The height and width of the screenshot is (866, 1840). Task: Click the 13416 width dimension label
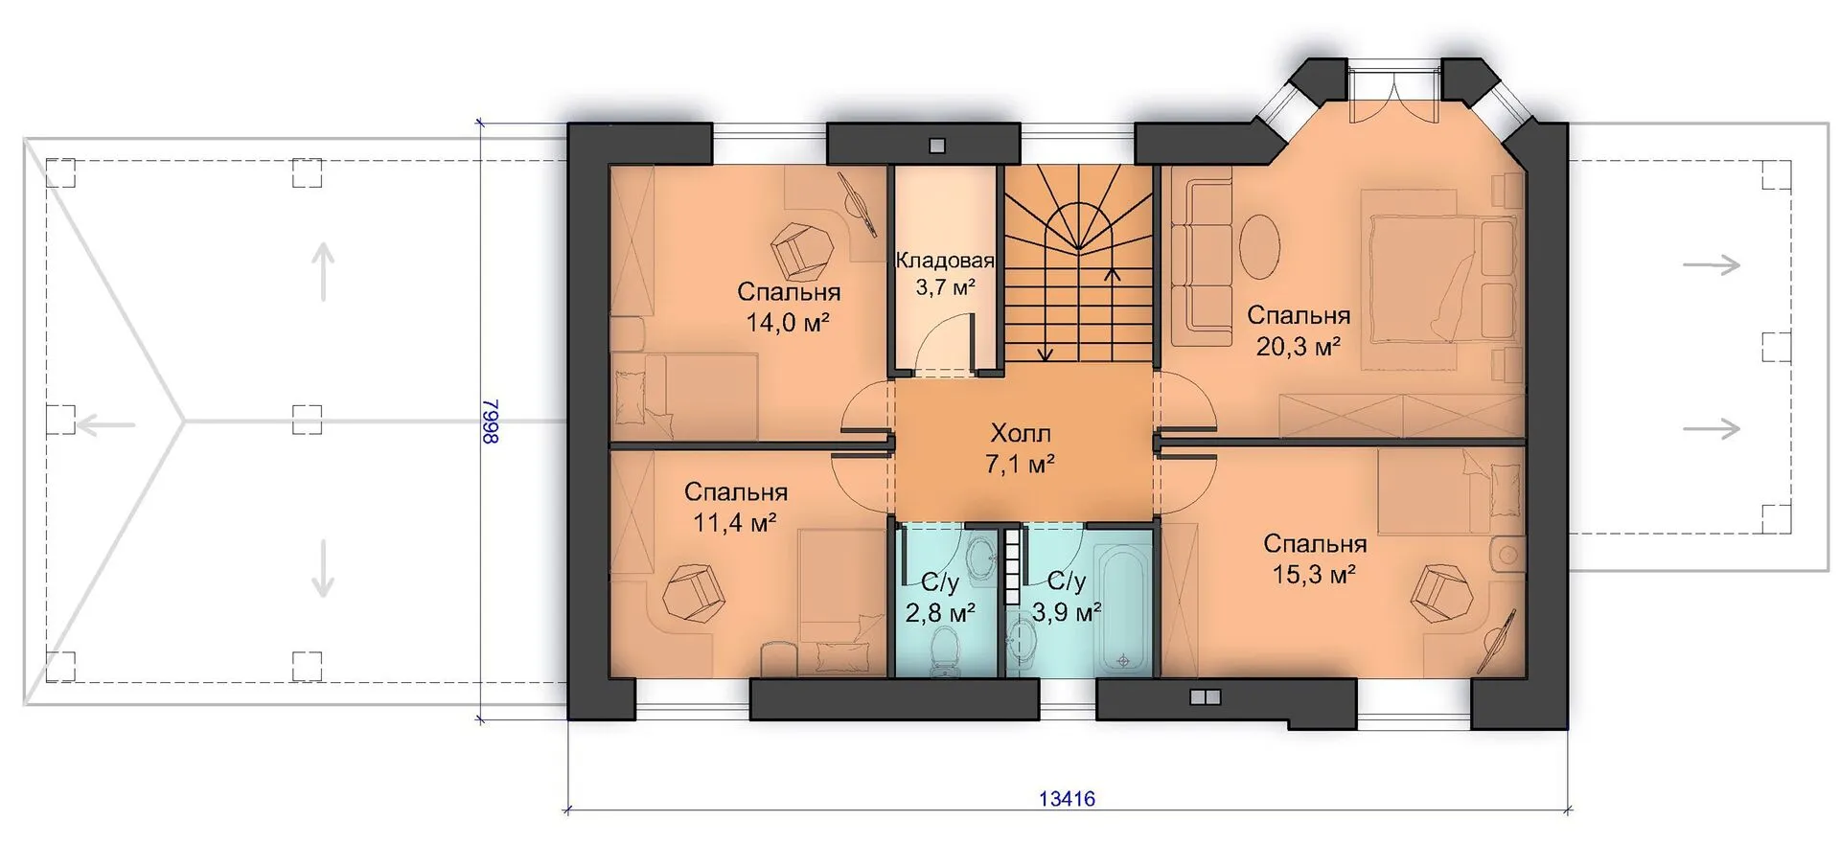pyautogui.click(x=1067, y=798)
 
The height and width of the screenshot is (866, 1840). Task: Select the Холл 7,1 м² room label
pyautogui.click(x=1020, y=448)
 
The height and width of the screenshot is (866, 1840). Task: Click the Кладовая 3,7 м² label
pyautogui.click(x=945, y=274)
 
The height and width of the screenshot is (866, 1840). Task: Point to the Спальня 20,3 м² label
pyautogui.click(x=1299, y=330)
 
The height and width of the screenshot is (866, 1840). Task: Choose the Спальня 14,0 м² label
pyautogui.click(x=788, y=307)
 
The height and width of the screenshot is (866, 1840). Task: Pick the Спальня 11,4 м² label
pyautogui.click(x=735, y=507)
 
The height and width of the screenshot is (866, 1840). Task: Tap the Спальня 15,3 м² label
pyautogui.click(x=1314, y=558)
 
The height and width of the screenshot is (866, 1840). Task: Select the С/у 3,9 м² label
pyautogui.click(x=1067, y=596)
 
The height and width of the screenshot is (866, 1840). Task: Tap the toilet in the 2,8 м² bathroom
pyautogui.click(x=948, y=651)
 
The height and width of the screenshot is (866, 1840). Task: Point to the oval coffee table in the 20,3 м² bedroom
pyautogui.click(x=1259, y=245)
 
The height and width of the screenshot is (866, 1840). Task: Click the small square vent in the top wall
pyautogui.click(x=937, y=146)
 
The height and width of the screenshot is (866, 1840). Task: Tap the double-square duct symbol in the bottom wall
pyautogui.click(x=1205, y=697)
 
